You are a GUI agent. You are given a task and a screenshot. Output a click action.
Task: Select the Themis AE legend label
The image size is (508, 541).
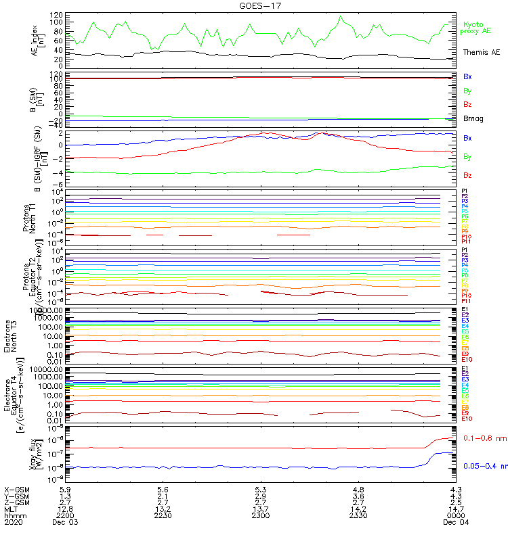click(482, 52)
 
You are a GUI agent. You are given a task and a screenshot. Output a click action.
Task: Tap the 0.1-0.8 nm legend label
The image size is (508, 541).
click(483, 439)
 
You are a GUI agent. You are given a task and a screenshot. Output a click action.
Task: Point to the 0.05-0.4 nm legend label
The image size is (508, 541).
click(484, 465)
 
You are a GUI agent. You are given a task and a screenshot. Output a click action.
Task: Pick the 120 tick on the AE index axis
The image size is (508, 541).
click(59, 14)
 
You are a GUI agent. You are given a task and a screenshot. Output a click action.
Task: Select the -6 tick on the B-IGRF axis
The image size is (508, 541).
click(60, 185)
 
